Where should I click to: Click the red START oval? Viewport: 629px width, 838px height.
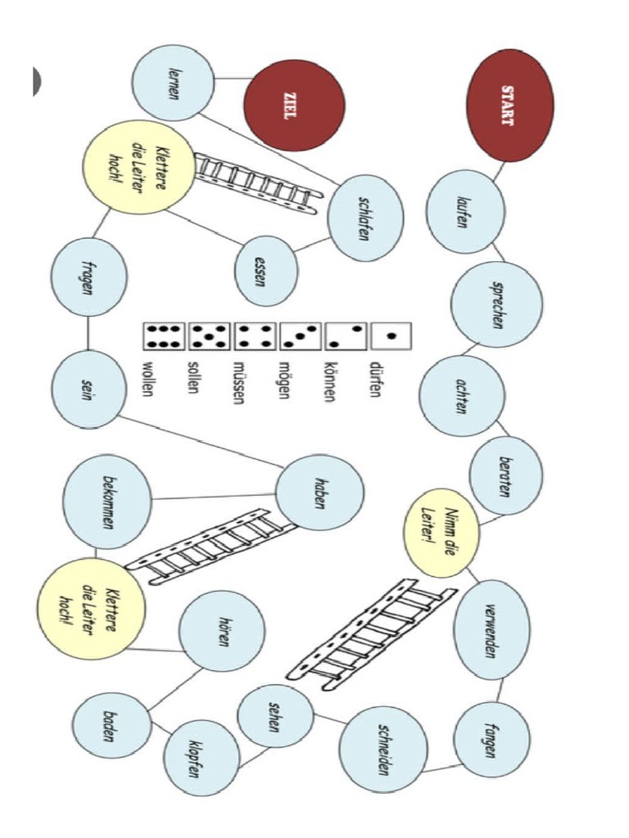tap(509, 105)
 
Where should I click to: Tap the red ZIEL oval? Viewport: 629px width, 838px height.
tap(293, 105)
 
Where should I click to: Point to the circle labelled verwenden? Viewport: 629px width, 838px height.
tap(491, 629)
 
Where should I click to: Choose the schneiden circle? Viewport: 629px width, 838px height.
tap(383, 749)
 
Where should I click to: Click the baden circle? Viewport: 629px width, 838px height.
tap(108, 729)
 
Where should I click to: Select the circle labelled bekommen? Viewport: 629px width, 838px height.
tap(106, 502)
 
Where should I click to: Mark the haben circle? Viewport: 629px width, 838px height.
tap(319, 493)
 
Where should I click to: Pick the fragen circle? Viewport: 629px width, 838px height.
tap(88, 277)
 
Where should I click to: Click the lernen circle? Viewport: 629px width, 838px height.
tap(172, 83)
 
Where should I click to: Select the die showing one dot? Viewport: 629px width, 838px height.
tap(390, 335)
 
